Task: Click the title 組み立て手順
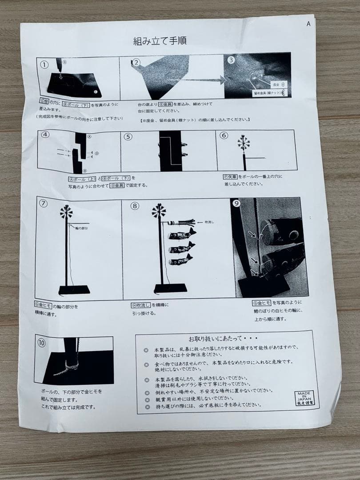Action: (x=160, y=41)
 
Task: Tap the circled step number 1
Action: (x=44, y=64)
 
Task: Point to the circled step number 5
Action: (x=128, y=136)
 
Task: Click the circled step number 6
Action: (x=224, y=136)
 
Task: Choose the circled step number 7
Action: (x=44, y=204)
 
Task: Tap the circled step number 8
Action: (x=135, y=206)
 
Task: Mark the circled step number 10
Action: (x=41, y=343)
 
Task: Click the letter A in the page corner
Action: (x=308, y=24)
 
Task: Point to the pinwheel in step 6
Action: (x=243, y=143)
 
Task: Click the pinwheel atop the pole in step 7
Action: (x=67, y=212)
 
